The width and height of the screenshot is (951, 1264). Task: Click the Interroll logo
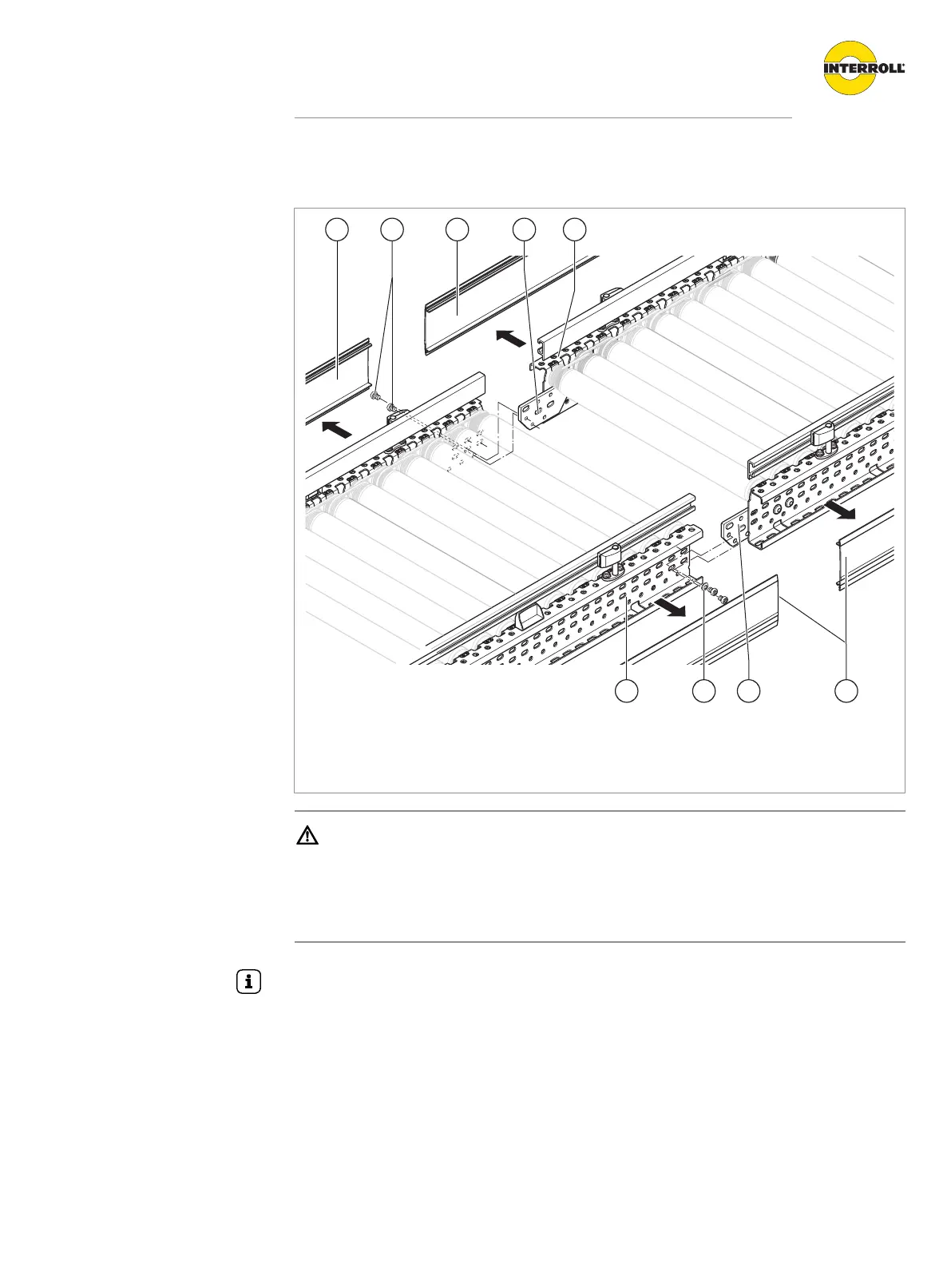(x=864, y=68)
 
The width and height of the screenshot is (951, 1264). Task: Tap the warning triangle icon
(x=307, y=837)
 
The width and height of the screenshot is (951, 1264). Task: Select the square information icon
(x=249, y=982)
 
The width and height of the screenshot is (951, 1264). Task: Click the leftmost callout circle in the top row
(x=337, y=229)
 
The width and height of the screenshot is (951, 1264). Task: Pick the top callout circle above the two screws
(x=391, y=229)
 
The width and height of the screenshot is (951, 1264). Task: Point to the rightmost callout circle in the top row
(x=574, y=229)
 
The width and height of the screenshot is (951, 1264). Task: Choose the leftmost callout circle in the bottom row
(x=627, y=691)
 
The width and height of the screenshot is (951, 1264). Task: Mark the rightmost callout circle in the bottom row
(x=846, y=691)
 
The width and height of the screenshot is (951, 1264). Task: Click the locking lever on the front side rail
(x=610, y=553)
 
